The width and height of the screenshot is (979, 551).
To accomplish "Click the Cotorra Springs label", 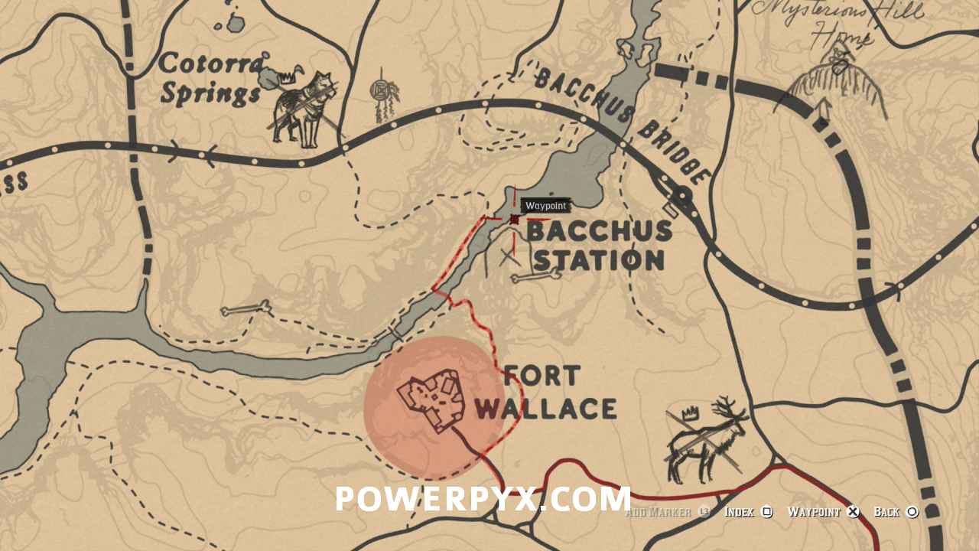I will (210, 80).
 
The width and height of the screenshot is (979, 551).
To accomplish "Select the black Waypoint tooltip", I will (546, 206).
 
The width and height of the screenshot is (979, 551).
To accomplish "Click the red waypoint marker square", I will (515, 220).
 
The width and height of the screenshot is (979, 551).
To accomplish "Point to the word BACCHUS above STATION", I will (600, 230).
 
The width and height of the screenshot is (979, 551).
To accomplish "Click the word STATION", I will (599, 260).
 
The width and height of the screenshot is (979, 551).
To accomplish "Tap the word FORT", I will (542, 376).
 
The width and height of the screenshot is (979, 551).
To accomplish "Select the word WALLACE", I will (545, 408).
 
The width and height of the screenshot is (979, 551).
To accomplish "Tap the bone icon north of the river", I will (246, 309).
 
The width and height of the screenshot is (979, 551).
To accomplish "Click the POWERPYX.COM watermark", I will (483, 499).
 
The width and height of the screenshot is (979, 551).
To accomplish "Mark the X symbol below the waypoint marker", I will (509, 257).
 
